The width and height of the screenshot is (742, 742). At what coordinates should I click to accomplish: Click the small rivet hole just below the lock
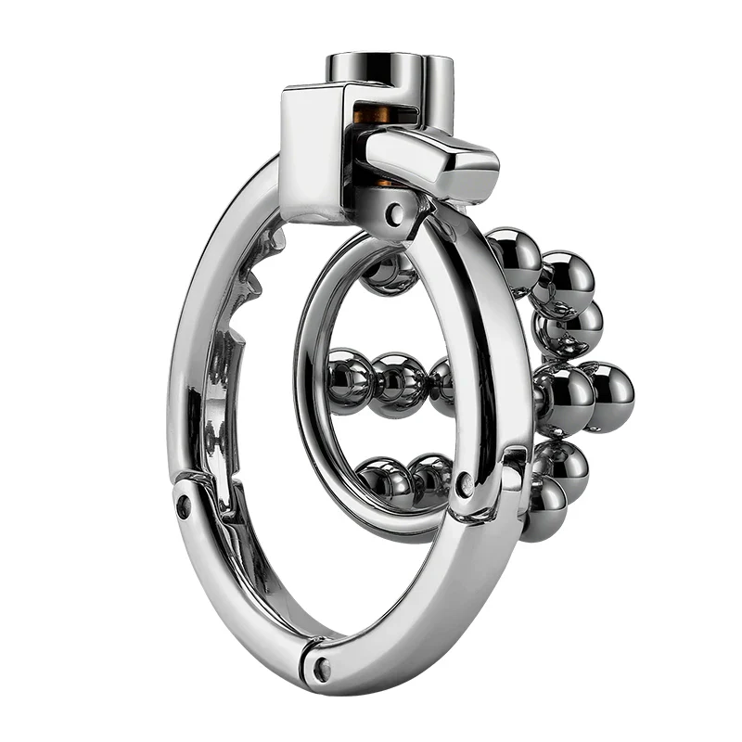[x=396, y=217]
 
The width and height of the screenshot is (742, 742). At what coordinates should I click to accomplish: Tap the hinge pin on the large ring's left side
[x=184, y=505]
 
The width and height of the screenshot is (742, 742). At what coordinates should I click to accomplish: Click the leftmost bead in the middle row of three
[x=350, y=378]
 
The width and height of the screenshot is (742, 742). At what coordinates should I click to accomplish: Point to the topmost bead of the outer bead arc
[x=514, y=260]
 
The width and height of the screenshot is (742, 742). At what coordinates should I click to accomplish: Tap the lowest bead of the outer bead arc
[x=544, y=510]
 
